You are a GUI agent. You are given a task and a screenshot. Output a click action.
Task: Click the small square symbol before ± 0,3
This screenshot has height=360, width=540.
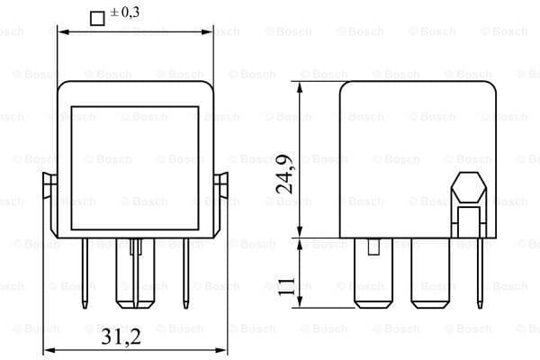click(98, 16)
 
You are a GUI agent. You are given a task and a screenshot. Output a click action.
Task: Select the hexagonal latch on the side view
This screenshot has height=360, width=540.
click(467, 190)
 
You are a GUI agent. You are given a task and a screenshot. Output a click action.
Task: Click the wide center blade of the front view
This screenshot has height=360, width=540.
click(135, 279)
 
